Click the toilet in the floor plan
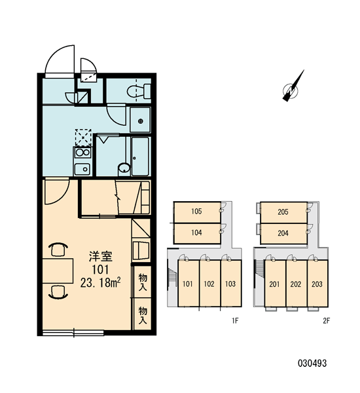pyautogui.click(x=139, y=91)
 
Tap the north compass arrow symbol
pyautogui.click(x=292, y=87)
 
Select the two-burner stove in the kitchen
pyautogui.click(x=82, y=153)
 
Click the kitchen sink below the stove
pyautogui.click(x=82, y=169)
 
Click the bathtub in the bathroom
pyautogui.click(x=140, y=156)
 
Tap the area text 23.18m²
pyautogui.click(x=100, y=282)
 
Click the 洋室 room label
pyautogui.click(x=100, y=256)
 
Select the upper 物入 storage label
pyautogui.click(x=143, y=282)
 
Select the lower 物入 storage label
pyautogui.click(x=143, y=315)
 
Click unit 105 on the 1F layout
pyautogui.click(x=196, y=212)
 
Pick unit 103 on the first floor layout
pyautogui.click(x=230, y=284)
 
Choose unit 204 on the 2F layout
pyautogui.click(x=283, y=233)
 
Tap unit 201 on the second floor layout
pyautogui.click(x=274, y=284)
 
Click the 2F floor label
pyautogui.click(x=327, y=320)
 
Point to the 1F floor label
pyautogui.click(x=235, y=320)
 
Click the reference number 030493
pyautogui.click(x=312, y=363)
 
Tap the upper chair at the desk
pyautogui.click(x=58, y=249)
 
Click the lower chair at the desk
pyautogui.click(x=58, y=292)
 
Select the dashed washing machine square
pyautogui.click(x=83, y=138)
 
